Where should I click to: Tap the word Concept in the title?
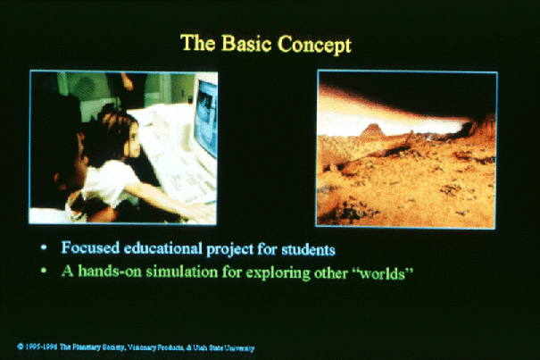[x=314, y=45]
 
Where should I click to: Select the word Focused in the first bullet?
[x=90, y=248]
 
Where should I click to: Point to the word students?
[x=308, y=249]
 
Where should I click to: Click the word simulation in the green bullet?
[x=182, y=272]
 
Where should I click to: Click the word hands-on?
[x=110, y=271]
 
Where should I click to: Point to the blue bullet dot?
[x=44, y=247]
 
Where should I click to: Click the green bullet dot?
[x=44, y=271]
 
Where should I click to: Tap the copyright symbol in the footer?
[x=21, y=347]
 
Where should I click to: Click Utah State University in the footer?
[x=223, y=347]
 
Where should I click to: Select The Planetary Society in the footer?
[x=92, y=347]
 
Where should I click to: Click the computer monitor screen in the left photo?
[x=206, y=116]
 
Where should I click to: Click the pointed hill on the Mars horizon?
[x=372, y=130]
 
